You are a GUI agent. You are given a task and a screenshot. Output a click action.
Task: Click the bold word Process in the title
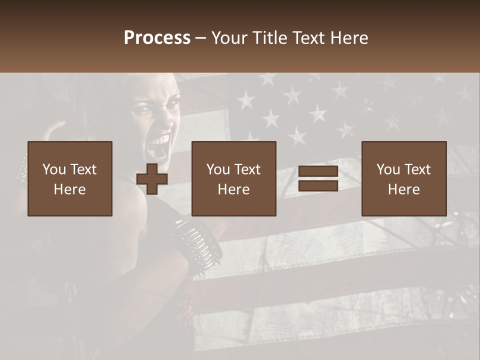tap(157, 38)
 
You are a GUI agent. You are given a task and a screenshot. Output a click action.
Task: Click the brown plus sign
tap(152, 179)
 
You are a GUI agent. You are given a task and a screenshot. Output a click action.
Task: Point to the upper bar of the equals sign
tap(318, 171)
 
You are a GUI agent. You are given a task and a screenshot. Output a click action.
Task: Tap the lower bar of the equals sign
tap(318, 185)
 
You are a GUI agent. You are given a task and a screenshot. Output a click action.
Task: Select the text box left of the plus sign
tap(70, 178)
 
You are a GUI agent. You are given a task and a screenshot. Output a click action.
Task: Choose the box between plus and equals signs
tap(234, 178)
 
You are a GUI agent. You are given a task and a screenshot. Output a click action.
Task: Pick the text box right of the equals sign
tap(404, 178)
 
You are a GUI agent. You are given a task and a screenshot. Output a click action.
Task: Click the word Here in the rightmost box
tap(404, 189)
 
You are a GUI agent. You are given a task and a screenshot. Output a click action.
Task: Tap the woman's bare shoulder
tap(125, 200)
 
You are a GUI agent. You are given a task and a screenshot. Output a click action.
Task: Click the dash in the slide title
tap(201, 38)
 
